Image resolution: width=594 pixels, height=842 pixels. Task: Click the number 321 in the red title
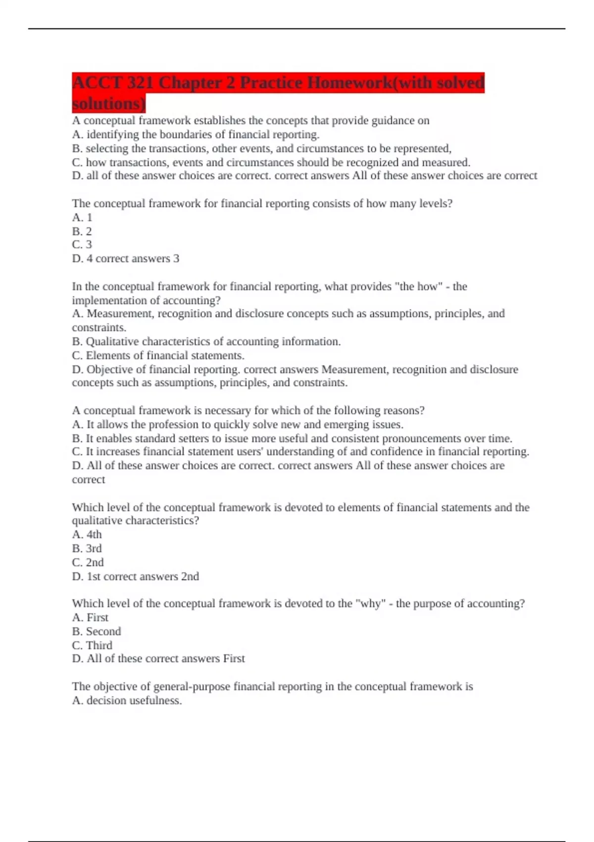140,82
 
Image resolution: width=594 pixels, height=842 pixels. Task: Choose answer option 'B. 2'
82,231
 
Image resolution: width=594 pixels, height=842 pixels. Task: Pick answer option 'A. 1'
82,217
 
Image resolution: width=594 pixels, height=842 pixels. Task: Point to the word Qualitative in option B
112,342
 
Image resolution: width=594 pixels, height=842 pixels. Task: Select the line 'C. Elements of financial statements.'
158,356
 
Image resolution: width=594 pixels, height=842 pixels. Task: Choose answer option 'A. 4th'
87,535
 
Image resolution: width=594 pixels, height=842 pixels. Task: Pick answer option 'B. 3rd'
87,549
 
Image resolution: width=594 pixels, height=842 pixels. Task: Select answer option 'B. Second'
97,631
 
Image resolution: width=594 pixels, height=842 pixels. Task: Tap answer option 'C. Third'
92,645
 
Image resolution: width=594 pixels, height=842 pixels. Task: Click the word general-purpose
192,686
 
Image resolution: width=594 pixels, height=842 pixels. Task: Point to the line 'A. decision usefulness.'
127,701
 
